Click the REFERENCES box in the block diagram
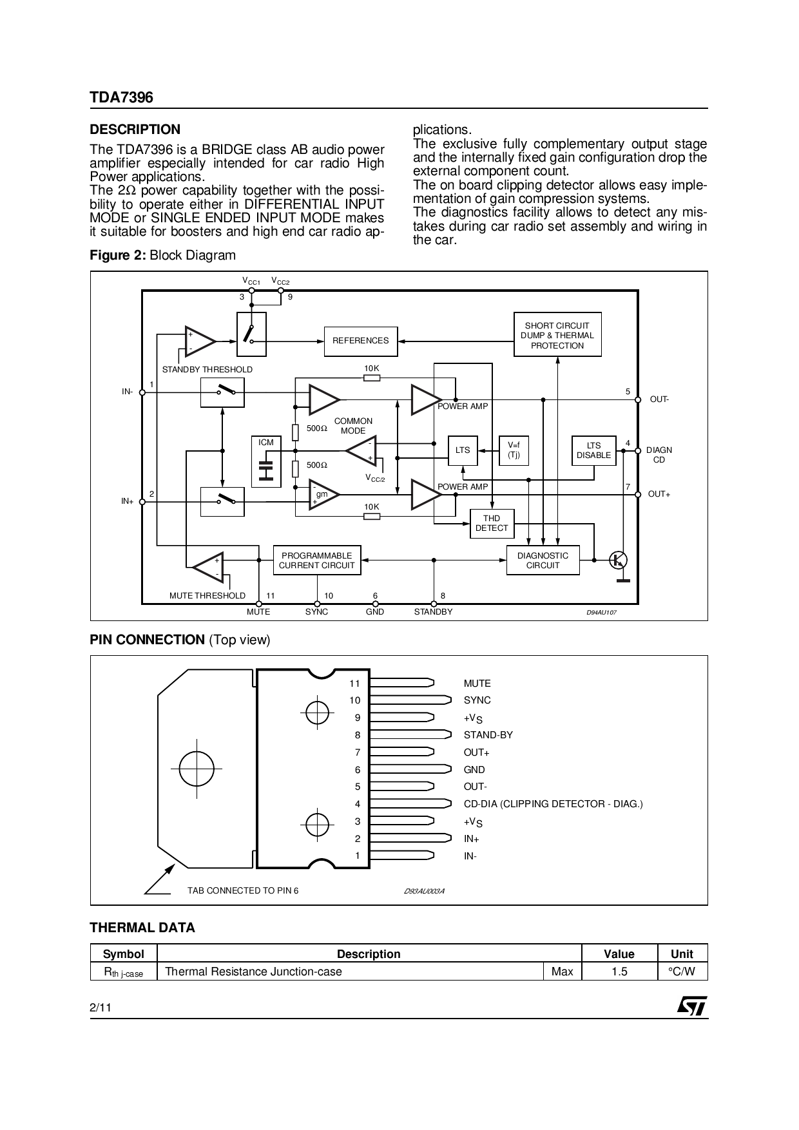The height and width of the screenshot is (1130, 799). (360, 340)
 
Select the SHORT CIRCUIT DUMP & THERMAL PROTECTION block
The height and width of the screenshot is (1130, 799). (557, 335)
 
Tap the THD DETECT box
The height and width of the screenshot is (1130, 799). (491, 523)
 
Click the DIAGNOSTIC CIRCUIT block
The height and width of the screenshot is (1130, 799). (543, 560)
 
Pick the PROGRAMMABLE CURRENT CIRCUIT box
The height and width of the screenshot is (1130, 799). (316, 560)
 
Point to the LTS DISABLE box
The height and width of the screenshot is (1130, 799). (593, 450)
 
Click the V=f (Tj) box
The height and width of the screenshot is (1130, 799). (514, 450)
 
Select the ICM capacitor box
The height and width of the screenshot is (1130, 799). (266, 462)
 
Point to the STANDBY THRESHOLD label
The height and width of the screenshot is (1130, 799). (207, 370)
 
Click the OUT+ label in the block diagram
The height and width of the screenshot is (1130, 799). (659, 494)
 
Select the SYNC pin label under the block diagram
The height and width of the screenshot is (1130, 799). (316, 612)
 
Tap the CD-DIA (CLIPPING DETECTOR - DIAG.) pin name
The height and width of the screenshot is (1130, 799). (553, 804)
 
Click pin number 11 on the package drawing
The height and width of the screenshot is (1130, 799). (354, 684)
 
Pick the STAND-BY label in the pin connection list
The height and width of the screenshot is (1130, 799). (488, 735)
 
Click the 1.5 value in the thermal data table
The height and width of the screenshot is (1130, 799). (619, 972)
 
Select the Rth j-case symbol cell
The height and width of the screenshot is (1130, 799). (124, 972)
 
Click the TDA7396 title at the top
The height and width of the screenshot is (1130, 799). (122, 97)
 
